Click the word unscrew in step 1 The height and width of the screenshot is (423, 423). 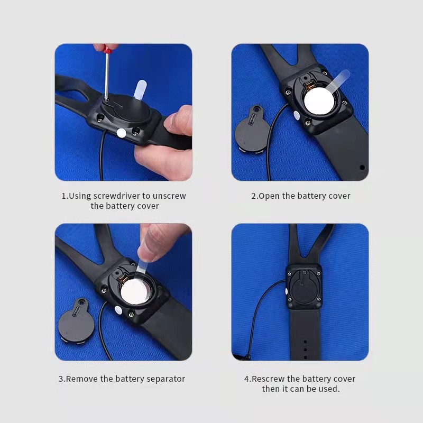tap(169, 196)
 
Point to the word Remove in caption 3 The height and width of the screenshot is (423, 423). tap(82, 379)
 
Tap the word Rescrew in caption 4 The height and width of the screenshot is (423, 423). tap(268, 379)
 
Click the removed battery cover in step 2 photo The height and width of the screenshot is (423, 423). tap(252, 130)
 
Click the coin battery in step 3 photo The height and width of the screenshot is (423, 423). tap(134, 291)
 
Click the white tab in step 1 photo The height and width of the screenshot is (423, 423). tap(140, 89)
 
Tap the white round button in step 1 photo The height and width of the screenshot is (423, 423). tap(121, 133)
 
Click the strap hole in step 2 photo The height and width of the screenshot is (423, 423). tap(363, 168)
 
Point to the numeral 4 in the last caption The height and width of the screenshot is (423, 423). tap(246, 379)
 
